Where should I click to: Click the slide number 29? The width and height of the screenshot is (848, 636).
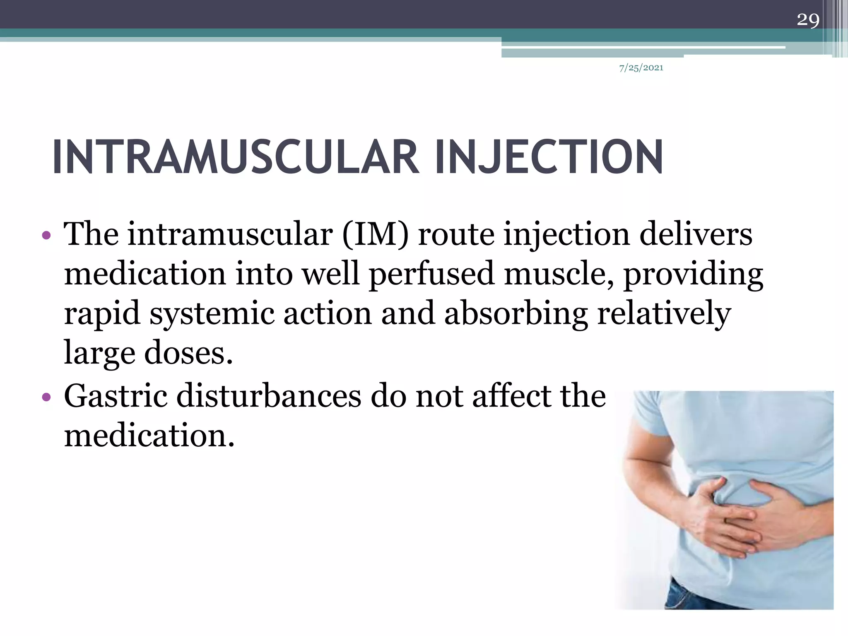pyautogui.click(x=808, y=19)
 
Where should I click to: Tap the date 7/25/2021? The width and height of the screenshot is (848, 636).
pyautogui.click(x=641, y=68)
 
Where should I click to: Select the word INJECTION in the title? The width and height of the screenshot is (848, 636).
pyautogui.click(x=549, y=158)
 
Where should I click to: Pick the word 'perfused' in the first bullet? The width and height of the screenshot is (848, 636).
pyautogui.click(x=431, y=274)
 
